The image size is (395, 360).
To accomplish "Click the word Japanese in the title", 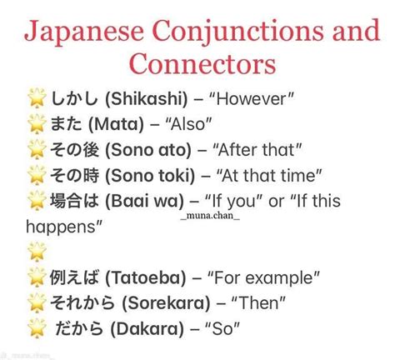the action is coord(84,32).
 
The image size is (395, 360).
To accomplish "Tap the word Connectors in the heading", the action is coord(202,63).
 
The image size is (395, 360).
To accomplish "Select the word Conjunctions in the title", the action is coord(238,32).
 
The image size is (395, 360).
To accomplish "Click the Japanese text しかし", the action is coord(74,98).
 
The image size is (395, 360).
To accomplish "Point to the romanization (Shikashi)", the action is coord(147,99).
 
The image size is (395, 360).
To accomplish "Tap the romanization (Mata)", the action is coord(116,124).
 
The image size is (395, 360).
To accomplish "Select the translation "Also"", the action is coord(188,124).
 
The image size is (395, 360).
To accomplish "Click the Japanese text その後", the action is coord(74,150).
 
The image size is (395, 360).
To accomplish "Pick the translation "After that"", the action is coord(257,150).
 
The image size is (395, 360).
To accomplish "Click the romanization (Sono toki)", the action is coord(150,176).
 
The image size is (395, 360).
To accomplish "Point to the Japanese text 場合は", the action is coord(74,201).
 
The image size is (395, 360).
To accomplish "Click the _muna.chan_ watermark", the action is coord(210,215).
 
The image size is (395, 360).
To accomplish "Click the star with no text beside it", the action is coord(37,252).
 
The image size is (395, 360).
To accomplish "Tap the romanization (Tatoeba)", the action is coord(145,277).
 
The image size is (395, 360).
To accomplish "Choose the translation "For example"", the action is coord(263,277).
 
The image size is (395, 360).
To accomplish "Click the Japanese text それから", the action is coord(82,302).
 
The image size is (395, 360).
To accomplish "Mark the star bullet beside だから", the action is coord(37,328).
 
